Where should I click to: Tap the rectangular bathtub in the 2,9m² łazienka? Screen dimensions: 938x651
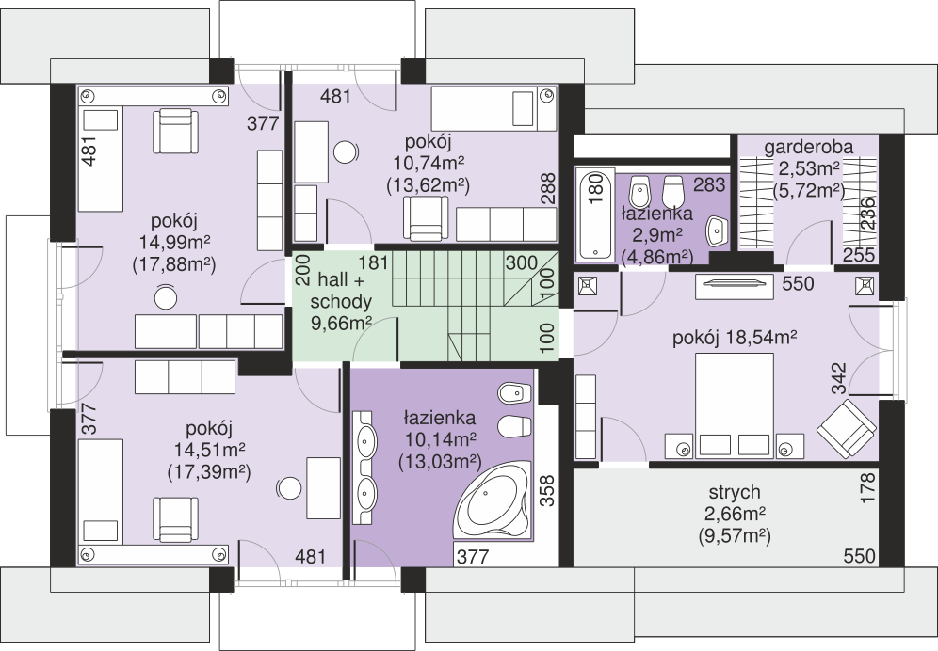coord(594,214)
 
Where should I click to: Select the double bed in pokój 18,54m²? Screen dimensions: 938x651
coord(734,405)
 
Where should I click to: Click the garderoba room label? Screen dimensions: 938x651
coord(808,147)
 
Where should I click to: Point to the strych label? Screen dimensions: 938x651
coord(734,492)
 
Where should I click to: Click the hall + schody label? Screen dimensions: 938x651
coord(341,291)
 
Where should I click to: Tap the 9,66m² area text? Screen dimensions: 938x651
coord(341,323)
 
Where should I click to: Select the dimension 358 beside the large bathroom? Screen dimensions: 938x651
coord(547,491)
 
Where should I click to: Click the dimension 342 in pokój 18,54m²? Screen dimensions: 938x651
coord(839,378)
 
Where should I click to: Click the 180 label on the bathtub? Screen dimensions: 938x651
coord(595,189)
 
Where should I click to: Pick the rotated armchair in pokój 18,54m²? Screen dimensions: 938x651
coord(847,429)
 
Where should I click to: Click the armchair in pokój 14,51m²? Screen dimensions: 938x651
coord(175,519)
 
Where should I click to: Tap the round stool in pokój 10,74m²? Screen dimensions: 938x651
coord(347,151)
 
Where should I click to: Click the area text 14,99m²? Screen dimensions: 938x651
coord(174,242)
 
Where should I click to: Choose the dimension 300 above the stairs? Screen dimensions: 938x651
coord(521,263)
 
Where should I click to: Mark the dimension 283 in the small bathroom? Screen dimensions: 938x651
coord(709,184)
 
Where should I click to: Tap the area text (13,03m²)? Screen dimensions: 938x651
coord(440,462)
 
